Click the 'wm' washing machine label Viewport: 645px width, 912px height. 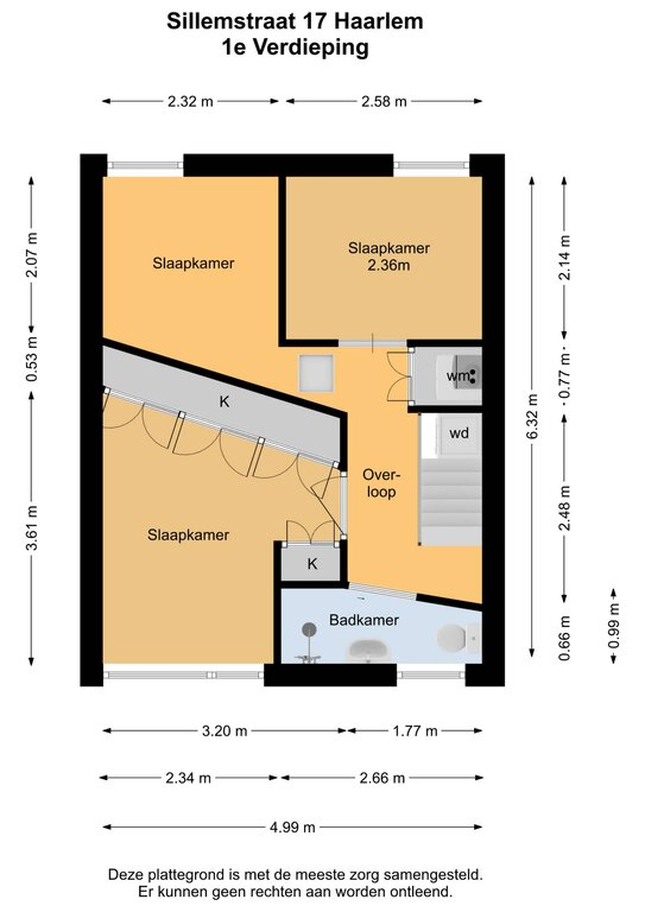(458, 376)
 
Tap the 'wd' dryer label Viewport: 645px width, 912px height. (459, 433)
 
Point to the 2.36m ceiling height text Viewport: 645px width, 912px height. (389, 265)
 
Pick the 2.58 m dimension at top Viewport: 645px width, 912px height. (384, 102)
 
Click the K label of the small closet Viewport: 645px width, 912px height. (312, 564)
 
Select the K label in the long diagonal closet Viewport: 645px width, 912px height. (225, 402)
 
